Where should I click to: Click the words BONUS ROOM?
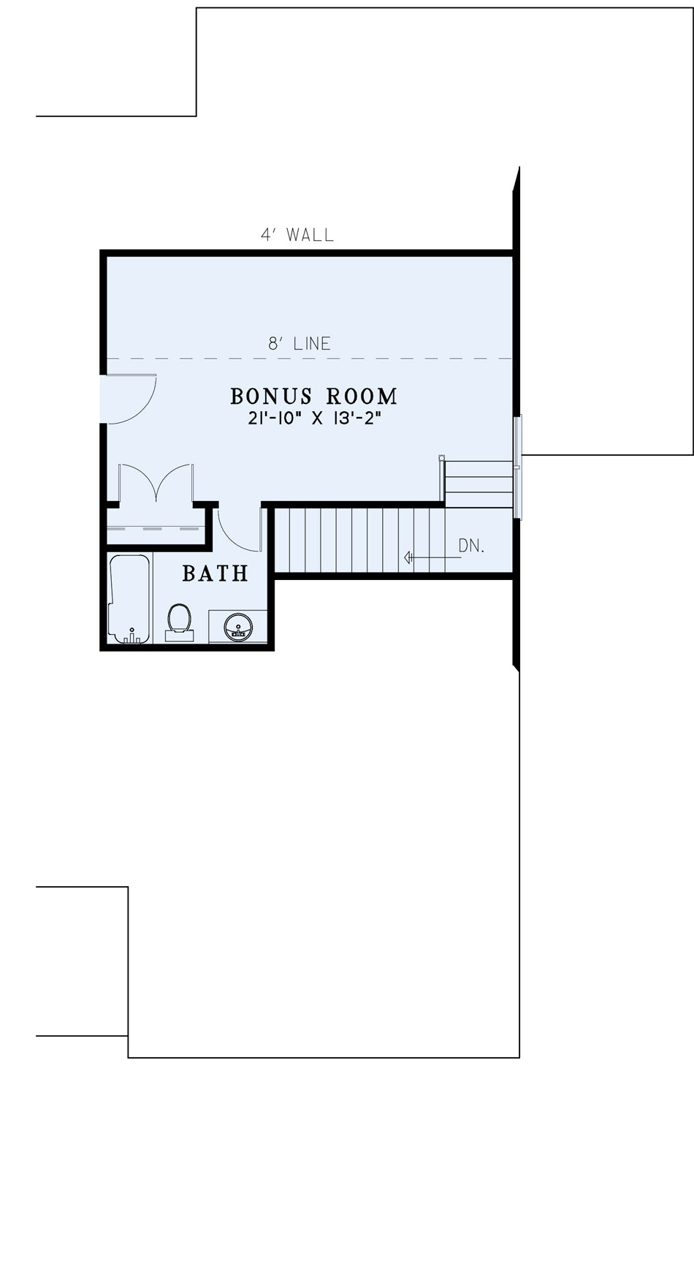[314, 396]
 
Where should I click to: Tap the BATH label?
[215, 573]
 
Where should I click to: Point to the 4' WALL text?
[297, 234]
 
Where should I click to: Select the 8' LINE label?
[300, 343]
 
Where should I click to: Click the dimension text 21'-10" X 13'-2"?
[315, 419]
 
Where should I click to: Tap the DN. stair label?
[471, 546]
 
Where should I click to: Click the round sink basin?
[238, 627]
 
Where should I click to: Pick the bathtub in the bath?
[129, 599]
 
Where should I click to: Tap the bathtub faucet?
[131, 636]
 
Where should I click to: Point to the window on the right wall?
[518, 468]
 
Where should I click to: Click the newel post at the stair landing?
[442, 458]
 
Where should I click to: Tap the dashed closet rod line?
[156, 527]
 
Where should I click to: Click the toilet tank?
[179, 636]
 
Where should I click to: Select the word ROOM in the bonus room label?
[362, 396]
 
